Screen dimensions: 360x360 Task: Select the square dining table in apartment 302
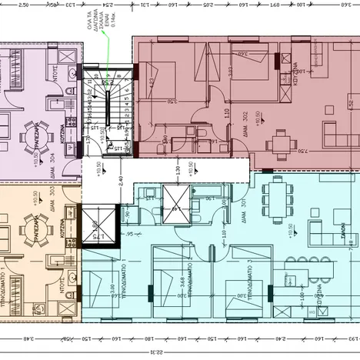[x=282, y=142]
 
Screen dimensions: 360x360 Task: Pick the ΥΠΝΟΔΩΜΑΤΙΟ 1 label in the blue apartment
[x=123, y=280]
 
